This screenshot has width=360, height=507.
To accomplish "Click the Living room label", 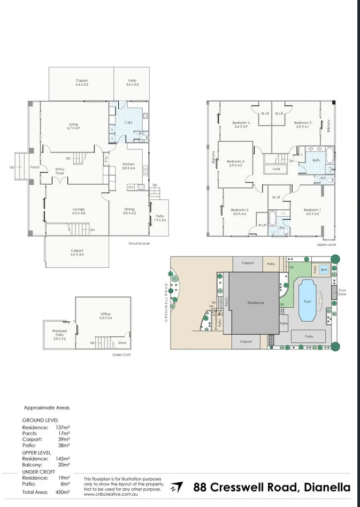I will point(73,124).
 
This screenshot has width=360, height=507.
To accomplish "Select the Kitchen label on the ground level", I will point(128,164).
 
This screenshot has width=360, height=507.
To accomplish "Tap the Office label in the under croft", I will point(105,314).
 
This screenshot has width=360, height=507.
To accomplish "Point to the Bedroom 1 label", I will point(312,210).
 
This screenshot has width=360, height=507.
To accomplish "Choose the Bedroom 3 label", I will point(235,161).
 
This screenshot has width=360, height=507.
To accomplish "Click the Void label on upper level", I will point(276,169).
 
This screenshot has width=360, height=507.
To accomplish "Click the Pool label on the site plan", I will point(307,301).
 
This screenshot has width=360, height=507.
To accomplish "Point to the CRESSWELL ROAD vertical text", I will point(167,302).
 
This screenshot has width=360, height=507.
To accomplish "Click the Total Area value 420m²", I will point(63,491).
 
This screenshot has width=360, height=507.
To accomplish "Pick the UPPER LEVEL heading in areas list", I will point(37,452).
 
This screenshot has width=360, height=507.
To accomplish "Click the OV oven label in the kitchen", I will point(131,187).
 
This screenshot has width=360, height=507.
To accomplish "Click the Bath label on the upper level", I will point(316,160).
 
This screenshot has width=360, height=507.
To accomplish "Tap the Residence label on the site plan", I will point(256,302).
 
